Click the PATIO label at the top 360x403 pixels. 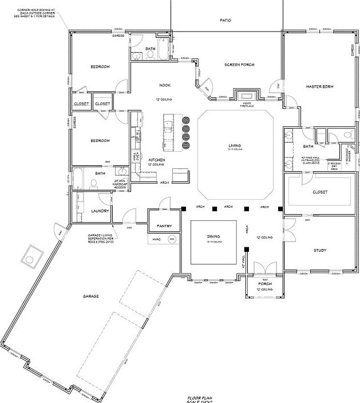coord(226,20)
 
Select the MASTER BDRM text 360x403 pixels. coord(319,86)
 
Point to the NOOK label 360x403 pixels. coord(165,86)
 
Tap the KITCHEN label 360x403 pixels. coord(157,160)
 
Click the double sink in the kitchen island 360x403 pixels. coord(168,127)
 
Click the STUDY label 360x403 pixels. coord(319,250)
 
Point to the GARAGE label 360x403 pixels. coord(91,296)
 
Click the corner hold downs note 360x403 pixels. coord(36,13)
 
